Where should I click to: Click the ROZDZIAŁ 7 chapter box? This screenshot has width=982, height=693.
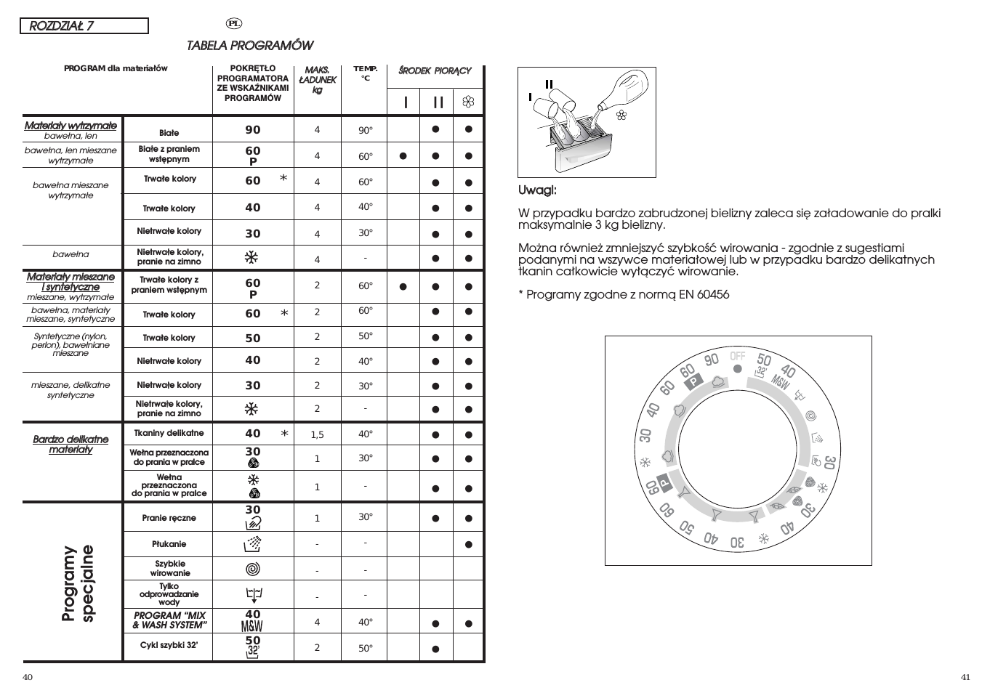coord(84,26)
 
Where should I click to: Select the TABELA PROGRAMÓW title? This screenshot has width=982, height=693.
coord(250,46)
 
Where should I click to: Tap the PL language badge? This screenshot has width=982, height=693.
coord(234,23)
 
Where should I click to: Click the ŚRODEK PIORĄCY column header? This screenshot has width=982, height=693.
coord(435,71)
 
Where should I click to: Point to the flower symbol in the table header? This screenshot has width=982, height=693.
coord(468,102)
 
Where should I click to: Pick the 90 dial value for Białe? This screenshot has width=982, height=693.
coord(253,130)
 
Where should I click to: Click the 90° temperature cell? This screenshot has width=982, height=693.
coord(365,131)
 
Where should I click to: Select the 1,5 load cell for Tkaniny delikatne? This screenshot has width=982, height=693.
coord(317,435)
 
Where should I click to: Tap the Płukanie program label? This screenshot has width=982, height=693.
coord(169,544)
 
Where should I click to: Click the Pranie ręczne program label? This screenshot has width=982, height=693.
coord(169,519)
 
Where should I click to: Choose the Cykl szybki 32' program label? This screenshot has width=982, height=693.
coord(169,645)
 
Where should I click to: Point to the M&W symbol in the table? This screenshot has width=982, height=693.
coord(252,626)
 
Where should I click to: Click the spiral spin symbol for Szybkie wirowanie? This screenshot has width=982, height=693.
coord(252,569)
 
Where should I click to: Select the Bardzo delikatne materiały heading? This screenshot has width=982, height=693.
coord(71,445)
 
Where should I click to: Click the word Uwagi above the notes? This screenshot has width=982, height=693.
coord(537,190)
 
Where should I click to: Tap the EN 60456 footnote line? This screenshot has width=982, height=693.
coord(624,294)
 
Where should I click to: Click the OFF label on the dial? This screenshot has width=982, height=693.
coord(738,356)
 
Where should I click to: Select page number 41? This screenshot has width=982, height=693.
coord(965,678)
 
